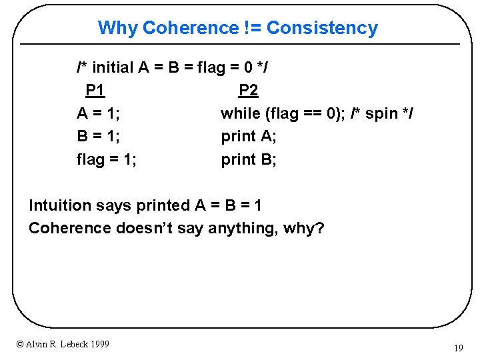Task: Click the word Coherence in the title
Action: (190, 28)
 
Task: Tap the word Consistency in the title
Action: (322, 28)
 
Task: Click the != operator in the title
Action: (253, 28)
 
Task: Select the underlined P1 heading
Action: (95, 90)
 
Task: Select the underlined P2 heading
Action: (248, 90)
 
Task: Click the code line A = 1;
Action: (99, 113)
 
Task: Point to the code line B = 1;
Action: (99, 136)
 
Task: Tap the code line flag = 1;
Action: (107, 159)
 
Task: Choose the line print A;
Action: (249, 136)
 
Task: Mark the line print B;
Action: (249, 159)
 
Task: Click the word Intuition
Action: (61, 205)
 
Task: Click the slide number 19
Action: (458, 348)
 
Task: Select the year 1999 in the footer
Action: (99, 344)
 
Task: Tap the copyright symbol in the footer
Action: (20, 344)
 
